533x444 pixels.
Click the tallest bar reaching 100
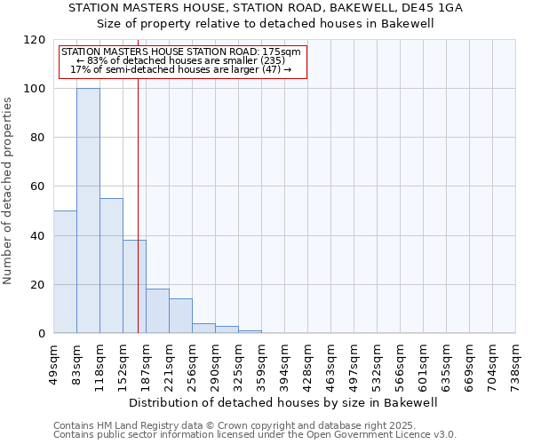click(x=88, y=210)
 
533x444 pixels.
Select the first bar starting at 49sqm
click(x=65, y=272)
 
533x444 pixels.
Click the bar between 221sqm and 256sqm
click(x=180, y=316)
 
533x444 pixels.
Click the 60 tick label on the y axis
click(x=38, y=187)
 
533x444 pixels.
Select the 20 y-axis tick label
click(x=38, y=285)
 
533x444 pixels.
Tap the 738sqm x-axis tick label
click(x=516, y=365)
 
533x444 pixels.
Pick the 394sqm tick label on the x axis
click(x=285, y=365)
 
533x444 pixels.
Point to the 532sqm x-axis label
click(x=378, y=365)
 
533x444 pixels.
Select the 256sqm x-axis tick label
click(x=193, y=365)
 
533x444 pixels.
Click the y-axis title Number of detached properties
click(x=9, y=191)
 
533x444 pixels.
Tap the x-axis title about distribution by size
click(x=283, y=402)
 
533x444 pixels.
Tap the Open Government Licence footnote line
click(x=255, y=435)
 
